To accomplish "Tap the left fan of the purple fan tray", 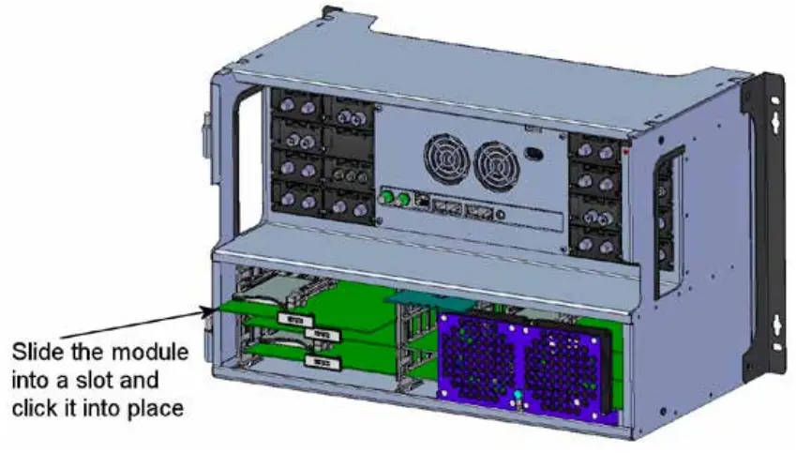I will pyautogui.click(x=477, y=360).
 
